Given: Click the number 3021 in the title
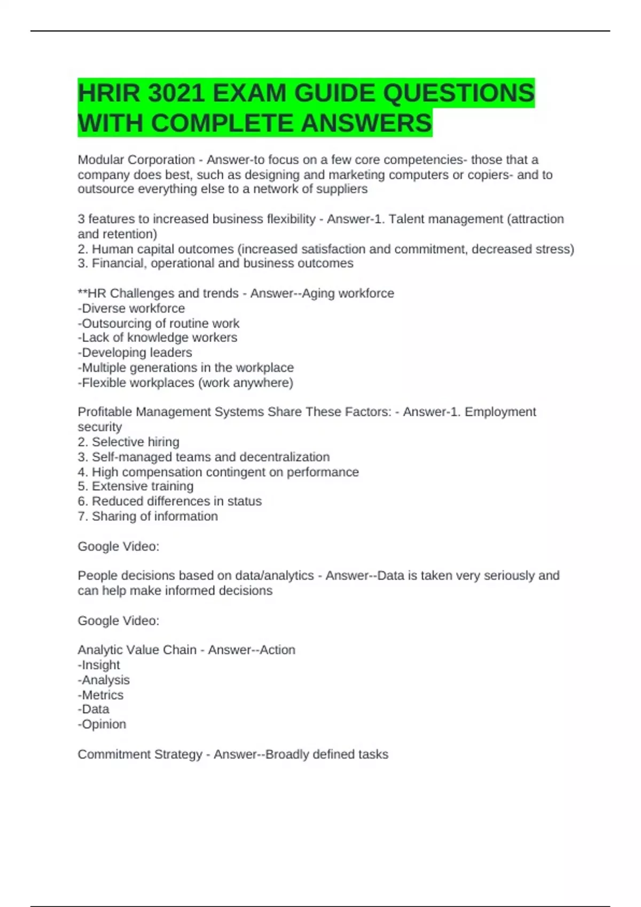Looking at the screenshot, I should point(176,93).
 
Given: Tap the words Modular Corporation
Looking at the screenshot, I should point(136,160).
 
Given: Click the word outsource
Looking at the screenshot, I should point(106,189).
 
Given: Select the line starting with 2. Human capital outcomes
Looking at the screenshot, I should point(326,249).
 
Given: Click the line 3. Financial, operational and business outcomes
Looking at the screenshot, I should point(215,263).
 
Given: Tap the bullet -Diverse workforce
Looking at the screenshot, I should point(131,308).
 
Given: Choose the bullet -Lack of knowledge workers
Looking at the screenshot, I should point(158,337).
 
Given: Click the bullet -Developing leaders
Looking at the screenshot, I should point(135,352).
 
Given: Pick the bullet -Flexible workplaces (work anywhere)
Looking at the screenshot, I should point(185,383).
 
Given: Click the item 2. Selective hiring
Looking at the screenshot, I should point(129,442).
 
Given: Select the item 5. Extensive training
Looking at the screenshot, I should point(136,486).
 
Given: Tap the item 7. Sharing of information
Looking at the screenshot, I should point(148,516).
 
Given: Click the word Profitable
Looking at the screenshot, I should point(105,411).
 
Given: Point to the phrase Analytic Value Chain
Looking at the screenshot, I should point(137,649).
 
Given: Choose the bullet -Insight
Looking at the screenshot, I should point(99,665).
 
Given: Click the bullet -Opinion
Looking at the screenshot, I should point(102,724).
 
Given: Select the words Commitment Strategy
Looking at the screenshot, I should point(140,754).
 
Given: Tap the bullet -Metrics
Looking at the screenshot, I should point(100,695).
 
